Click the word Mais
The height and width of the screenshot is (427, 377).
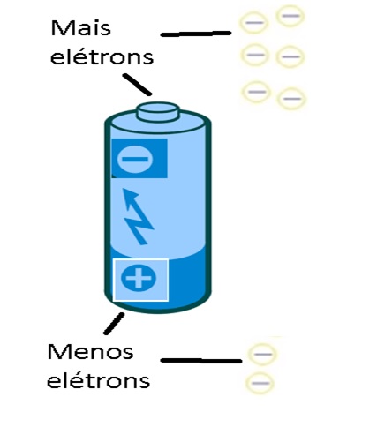tap(81, 28)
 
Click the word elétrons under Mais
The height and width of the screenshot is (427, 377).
tap(102, 56)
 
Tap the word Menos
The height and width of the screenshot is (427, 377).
tap(90, 352)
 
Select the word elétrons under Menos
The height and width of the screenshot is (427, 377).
tap(98, 380)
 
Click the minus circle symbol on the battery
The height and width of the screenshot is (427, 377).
tap(135, 160)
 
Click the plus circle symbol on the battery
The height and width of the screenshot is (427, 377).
tap(139, 278)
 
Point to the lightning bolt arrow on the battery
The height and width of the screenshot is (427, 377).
tap(137, 216)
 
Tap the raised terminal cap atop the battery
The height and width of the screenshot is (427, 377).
tap(158, 112)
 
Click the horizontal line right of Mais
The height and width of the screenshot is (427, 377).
tap(196, 34)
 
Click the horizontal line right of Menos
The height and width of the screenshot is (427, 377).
tap(201, 361)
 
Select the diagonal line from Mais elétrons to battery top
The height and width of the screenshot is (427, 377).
tap(137, 85)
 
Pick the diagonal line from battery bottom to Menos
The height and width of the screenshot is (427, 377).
tap(114, 324)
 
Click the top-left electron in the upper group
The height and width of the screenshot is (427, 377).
tap(254, 22)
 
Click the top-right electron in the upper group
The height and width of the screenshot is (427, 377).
tap(290, 16)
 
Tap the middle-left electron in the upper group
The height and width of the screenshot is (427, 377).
tap(255, 55)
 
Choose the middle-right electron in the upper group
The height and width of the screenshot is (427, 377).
tap(290, 56)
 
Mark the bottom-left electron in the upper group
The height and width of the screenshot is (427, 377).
tap(257, 92)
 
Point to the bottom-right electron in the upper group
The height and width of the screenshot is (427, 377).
tap(291, 99)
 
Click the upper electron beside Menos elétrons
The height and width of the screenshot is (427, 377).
tap(262, 354)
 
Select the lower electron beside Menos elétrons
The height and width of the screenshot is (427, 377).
tap(260, 383)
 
